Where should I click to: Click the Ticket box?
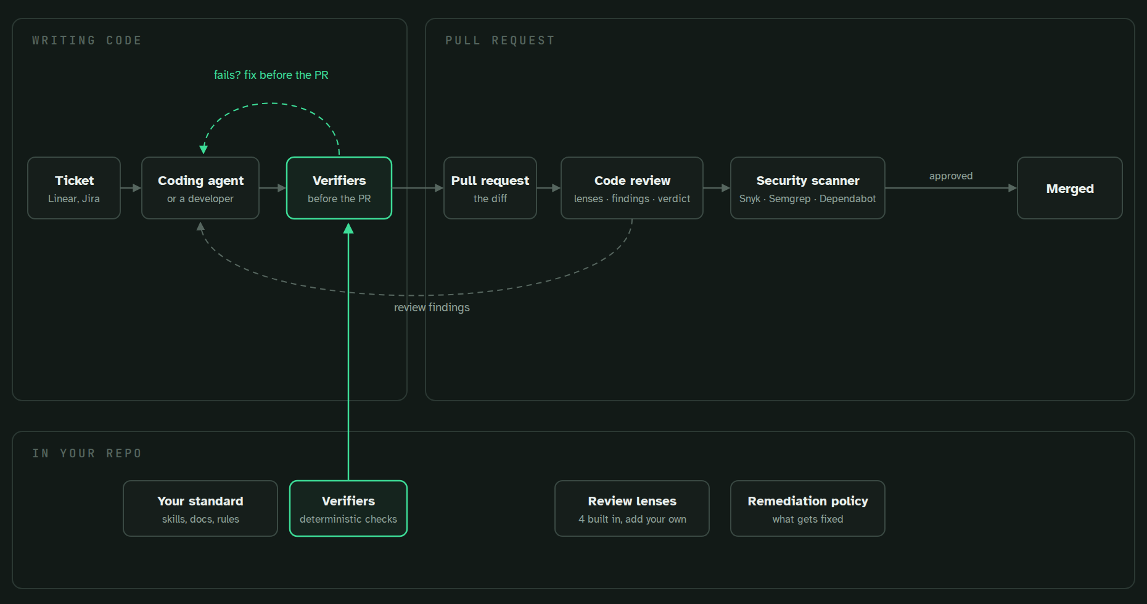coord(74,188)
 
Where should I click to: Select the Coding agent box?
coord(200,188)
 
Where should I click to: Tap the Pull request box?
coord(490,188)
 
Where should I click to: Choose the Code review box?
coord(632,188)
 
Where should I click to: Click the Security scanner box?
coord(808,188)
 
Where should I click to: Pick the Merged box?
coord(1070,188)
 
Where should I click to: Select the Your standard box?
coord(200,508)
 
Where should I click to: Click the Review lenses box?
coord(632,508)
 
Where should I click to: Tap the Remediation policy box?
coord(808,508)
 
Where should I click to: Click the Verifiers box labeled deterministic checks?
coord(348,508)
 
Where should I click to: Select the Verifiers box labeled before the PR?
coord(339,188)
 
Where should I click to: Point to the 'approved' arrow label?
coord(951,176)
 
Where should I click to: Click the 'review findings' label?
coord(432,308)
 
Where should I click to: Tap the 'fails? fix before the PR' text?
coord(271,75)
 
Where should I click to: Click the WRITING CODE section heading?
coord(87,41)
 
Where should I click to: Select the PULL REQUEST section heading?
coord(500,41)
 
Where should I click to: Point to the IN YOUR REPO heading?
coord(87,454)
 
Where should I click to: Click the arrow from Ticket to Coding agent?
coord(131,188)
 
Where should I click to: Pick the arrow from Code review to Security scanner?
coord(717,188)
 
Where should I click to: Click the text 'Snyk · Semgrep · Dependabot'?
coord(808,198)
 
